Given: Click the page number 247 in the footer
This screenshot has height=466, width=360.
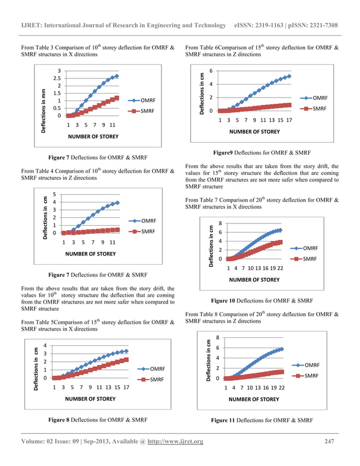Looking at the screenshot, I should click(x=331, y=441).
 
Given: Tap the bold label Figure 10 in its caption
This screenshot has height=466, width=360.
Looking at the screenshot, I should click(x=224, y=301).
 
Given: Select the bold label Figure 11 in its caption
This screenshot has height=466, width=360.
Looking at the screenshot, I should click(x=223, y=420).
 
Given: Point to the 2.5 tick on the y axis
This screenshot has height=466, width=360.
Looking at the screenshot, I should click(x=57, y=78).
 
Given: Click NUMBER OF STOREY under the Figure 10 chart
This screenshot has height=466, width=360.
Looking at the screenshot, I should click(x=254, y=279).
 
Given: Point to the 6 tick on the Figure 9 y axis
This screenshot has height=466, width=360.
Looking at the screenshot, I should click(x=211, y=71).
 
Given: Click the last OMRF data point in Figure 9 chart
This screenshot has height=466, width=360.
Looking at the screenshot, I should click(x=289, y=76).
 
